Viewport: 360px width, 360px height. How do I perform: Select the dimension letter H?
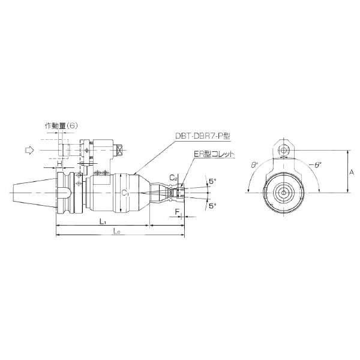point(59,164)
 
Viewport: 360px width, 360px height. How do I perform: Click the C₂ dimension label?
point(172,178)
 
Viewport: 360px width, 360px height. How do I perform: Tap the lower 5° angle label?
point(211,205)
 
